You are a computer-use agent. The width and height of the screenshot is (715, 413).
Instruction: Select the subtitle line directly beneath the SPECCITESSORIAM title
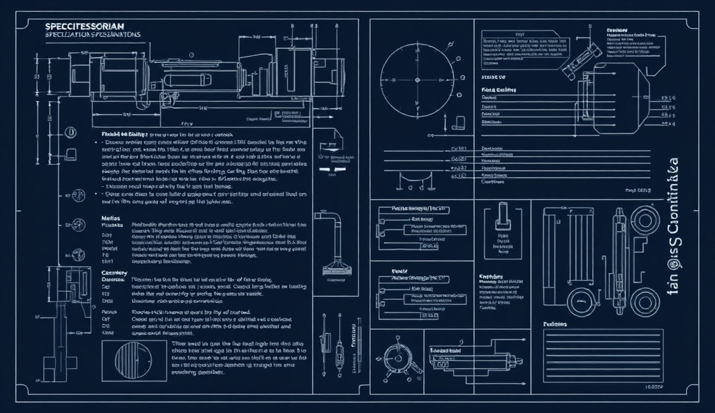tap(92, 34)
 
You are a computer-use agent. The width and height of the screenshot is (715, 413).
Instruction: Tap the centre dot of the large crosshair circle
tap(416, 80)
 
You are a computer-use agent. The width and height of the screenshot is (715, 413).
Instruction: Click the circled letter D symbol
tap(70, 133)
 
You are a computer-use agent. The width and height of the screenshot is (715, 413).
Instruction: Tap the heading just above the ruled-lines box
tap(555, 324)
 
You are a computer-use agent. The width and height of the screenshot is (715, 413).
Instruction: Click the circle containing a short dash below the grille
tap(581, 301)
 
